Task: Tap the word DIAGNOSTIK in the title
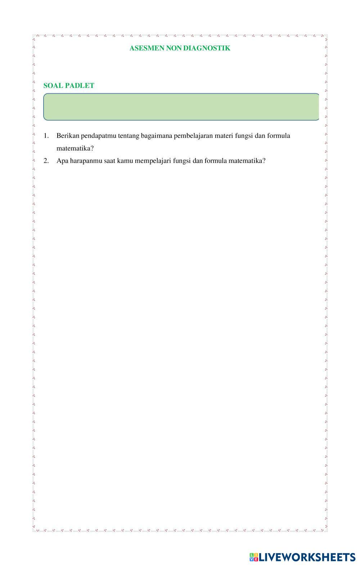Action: coord(207,48)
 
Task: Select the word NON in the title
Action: coord(174,48)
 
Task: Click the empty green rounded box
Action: coord(181,107)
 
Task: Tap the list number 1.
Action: coord(46,136)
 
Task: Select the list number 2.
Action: coord(46,161)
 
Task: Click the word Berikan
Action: coord(68,136)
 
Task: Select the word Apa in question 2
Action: coord(62,161)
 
